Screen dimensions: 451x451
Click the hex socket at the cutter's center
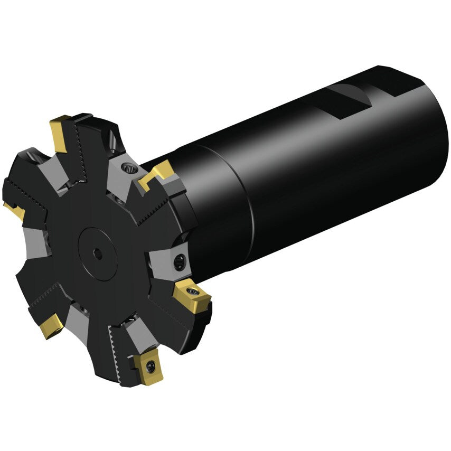click(x=98, y=255)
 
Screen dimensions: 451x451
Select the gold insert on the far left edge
click(x=14, y=210)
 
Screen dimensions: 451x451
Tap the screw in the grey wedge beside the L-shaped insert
click(x=128, y=168)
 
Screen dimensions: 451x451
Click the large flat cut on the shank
click(x=346, y=100)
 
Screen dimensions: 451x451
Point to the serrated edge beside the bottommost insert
click(x=119, y=351)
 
